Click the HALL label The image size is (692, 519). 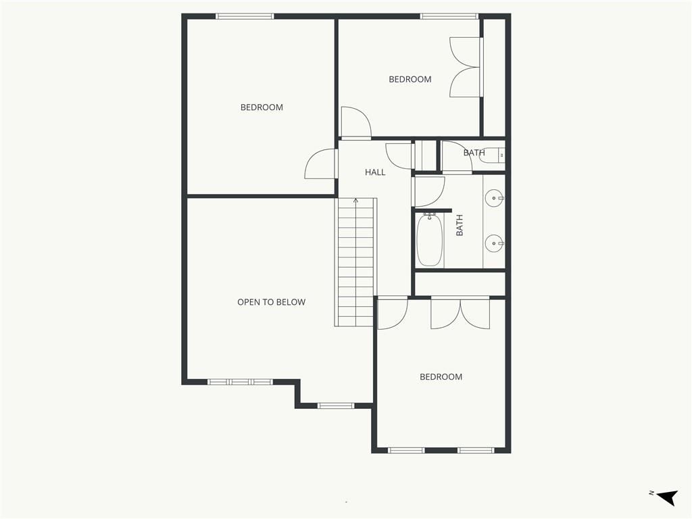pos(375,172)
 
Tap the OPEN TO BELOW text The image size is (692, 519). pos(272,302)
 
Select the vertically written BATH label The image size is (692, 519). pos(460,225)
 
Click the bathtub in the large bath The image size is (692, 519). pos(430,240)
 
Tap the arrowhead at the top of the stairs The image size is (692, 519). pos(355,201)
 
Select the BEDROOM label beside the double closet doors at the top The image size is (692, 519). pos(410,80)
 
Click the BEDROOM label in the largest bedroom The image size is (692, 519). pos(262,107)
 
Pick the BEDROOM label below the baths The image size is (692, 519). pos(441,377)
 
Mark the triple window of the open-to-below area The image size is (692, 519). pos(240,382)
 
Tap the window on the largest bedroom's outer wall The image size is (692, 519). pos(245,16)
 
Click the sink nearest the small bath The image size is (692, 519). pos(494,198)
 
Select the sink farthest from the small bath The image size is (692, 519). pos(494,243)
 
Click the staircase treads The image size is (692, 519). pos(355,263)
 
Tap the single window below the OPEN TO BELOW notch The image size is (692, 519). pos(337,405)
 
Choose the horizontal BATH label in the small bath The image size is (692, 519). pos(474,153)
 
